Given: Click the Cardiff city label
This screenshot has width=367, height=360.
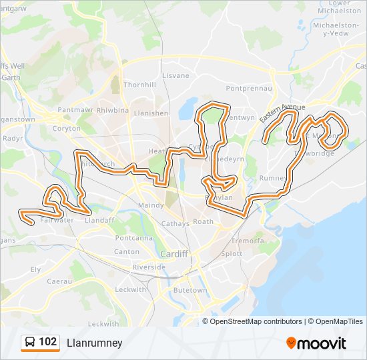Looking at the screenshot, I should click(x=173, y=254).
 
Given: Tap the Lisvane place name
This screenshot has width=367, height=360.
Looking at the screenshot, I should click(x=176, y=75).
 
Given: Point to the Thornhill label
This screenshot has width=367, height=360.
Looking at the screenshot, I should click(x=139, y=85).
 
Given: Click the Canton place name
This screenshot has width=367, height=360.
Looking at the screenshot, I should click(x=127, y=252).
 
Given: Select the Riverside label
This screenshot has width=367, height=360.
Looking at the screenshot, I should click(x=149, y=267).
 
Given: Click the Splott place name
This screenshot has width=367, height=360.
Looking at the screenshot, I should click(x=232, y=254).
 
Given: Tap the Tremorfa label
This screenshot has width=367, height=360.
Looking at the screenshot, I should click(x=248, y=240).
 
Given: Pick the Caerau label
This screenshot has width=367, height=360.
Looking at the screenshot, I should click(x=59, y=281).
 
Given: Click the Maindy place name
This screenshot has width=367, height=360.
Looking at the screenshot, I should click(x=151, y=205).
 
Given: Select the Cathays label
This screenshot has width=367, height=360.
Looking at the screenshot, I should click(x=175, y=224).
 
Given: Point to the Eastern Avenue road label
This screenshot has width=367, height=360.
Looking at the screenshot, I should click(x=282, y=113).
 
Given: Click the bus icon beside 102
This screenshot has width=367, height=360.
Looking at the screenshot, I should click(x=30, y=343).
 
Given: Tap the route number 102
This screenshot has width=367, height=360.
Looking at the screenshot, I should click(x=48, y=342).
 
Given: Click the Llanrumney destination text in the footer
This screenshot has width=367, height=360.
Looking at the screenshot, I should click(x=94, y=343).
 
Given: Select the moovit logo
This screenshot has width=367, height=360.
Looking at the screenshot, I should click(x=316, y=343).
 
